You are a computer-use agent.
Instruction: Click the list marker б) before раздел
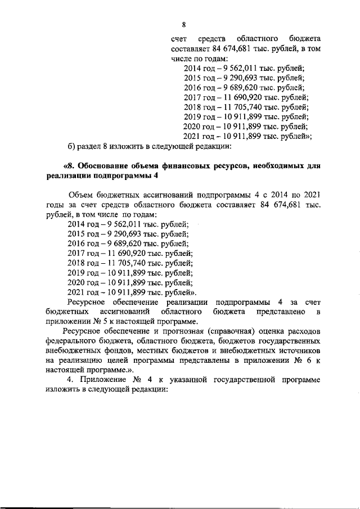click(x=71, y=147)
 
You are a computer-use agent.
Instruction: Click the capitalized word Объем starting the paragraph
click(x=79, y=195)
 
